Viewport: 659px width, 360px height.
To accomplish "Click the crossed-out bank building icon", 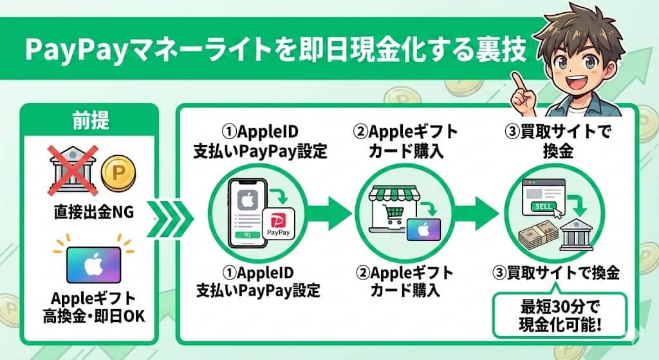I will click(x=71, y=169).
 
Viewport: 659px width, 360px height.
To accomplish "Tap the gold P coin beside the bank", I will click(x=116, y=173).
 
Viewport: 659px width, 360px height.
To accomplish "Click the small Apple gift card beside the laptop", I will click(x=423, y=229).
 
